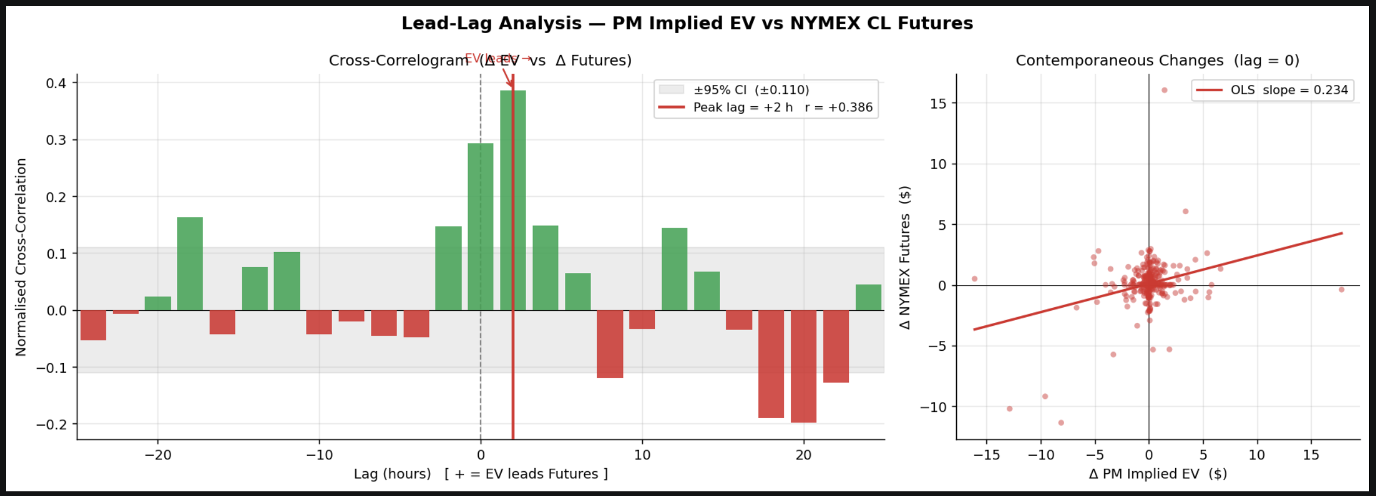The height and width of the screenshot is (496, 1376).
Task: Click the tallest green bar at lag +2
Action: tap(513, 200)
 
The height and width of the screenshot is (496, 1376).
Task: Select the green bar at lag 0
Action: tap(480, 227)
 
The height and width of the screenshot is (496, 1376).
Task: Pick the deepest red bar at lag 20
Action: tap(803, 366)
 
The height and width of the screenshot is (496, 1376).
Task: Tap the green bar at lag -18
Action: tap(190, 264)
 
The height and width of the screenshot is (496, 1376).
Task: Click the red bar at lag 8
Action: tap(610, 344)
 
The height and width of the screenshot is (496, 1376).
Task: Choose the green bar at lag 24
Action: tap(868, 297)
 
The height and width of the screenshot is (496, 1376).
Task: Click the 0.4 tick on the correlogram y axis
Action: tap(56, 83)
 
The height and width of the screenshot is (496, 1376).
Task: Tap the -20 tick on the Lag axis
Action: tap(158, 455)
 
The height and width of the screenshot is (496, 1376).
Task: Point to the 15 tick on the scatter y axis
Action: tap(938, 103)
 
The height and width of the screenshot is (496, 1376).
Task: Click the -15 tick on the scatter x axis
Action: tap(986, 455)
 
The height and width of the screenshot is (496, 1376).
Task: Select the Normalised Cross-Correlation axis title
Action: tap(21, 257)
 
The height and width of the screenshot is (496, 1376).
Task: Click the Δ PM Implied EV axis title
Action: tap(1158, 474)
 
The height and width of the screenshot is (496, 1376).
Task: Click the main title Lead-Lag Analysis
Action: tap(687, 23)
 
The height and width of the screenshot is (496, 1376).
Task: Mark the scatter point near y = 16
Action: tap(1164, 90)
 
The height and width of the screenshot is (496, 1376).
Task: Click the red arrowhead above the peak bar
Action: tap(511, 84)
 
